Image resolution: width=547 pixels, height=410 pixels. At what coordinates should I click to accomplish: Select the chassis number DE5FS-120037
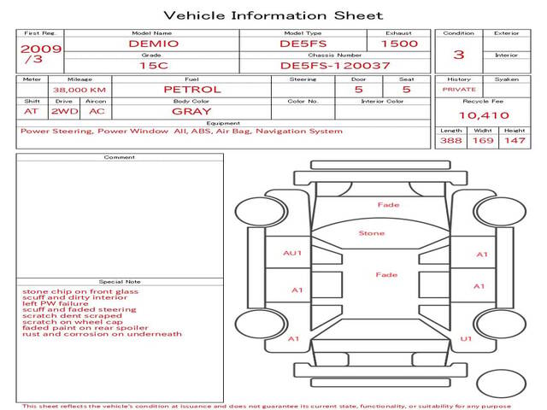coord(335,65)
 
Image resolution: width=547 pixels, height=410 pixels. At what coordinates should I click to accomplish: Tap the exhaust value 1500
coord(399,43)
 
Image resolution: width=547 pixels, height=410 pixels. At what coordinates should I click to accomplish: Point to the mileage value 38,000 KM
coord(79,90)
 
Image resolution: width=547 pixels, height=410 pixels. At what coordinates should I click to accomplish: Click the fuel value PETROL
coord(192,89)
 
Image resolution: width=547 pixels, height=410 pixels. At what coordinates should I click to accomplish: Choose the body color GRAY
coord(191,111)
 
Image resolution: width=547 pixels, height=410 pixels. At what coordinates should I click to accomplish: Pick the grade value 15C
coord(154,65)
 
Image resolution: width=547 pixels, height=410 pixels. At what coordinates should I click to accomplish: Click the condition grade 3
coord(458,54)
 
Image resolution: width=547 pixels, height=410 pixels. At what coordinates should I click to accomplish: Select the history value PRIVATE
coord(459,90)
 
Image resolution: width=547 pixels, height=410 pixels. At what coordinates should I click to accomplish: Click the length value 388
coord(451,140)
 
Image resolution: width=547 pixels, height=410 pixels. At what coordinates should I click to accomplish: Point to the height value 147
coord(514,140)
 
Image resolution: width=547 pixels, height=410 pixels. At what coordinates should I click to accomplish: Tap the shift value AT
coord(32,111)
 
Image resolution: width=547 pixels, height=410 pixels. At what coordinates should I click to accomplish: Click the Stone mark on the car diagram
coord(372,233)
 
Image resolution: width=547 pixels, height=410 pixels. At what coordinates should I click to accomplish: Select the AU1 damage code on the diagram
coord(293,254)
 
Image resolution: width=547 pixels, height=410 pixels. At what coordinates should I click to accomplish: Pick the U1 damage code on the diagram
coord(466,339)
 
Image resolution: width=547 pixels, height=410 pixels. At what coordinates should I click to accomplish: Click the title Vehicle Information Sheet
coord(273,15)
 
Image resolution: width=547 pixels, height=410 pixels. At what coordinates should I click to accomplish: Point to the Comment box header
coord(120,157)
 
